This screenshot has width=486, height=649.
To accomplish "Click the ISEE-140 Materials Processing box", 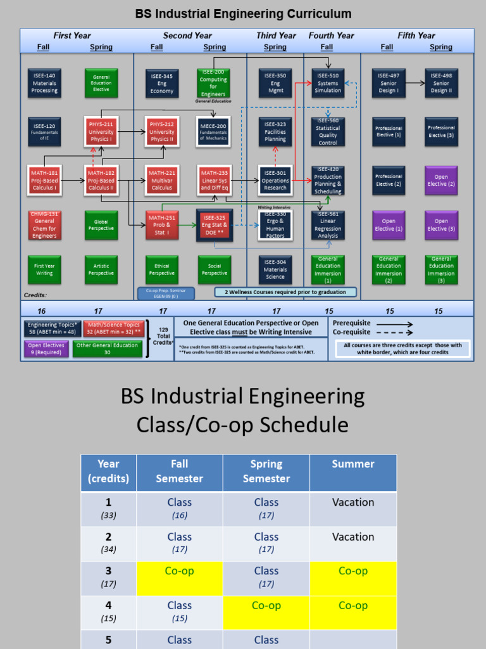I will (x=44, y=83).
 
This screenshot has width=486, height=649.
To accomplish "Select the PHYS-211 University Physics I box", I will (x=101, y=132).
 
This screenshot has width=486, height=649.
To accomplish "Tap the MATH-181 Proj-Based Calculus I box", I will (x=44, y=180).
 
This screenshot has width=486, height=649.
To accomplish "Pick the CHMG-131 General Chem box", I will (x=44, y=225).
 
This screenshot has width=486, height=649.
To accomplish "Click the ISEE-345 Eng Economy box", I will (x=162, y=83).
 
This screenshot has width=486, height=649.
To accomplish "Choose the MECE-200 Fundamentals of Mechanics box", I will (x=213, y=132).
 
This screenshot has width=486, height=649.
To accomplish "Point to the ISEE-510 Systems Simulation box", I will (x=328, y=83).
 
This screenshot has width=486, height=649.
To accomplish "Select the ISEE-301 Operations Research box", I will (x=275, y=180).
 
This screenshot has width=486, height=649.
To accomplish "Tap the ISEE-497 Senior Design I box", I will (x=389, y=83).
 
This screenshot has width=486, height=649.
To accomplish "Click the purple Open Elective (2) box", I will (x=441, y=180).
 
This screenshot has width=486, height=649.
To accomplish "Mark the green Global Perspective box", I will (x=101, y=225).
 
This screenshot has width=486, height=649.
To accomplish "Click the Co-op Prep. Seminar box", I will (x=166, y=293).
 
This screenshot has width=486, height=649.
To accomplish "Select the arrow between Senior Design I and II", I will (x=415, y=83).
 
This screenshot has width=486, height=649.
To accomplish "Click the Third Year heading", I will (x=276, y=35).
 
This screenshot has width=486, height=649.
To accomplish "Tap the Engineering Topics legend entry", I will (x=53, y=328).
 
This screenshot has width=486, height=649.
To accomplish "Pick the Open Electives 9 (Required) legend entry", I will (x=46, y=349).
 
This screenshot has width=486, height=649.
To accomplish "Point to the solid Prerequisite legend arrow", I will (x=394, y=323).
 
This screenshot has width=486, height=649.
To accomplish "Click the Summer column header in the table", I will (x=353, y=464).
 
